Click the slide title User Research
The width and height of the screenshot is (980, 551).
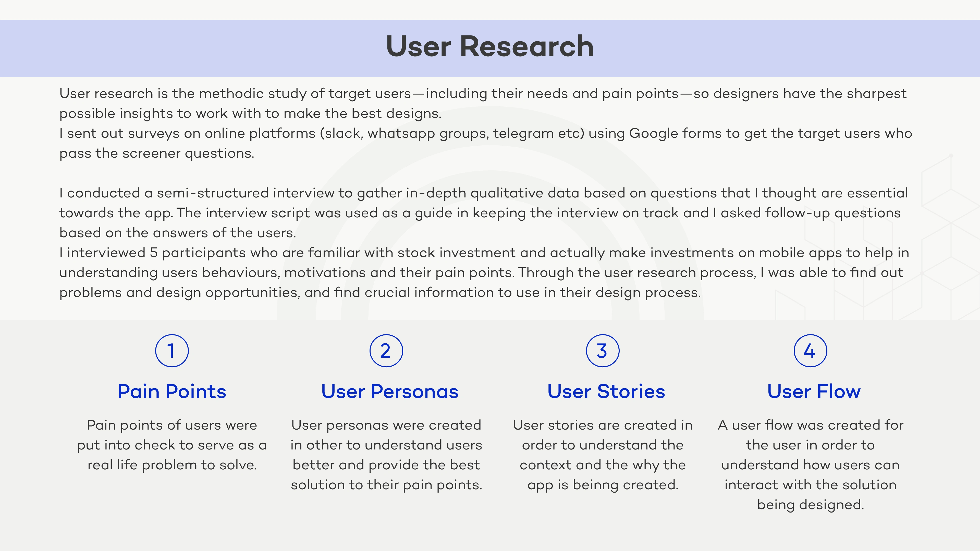tap(490, 46)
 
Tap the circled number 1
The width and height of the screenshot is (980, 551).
tap(172, 350)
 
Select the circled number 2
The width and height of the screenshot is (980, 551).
tap(386, 350)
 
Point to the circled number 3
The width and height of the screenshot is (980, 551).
tap(603, 350)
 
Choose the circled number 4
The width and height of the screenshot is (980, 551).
tap(810, 350)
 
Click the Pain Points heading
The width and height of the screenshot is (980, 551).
tap(172, 391)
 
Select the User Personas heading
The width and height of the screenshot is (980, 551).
tap(390, 391)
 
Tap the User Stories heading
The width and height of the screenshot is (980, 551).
tap(606, 391)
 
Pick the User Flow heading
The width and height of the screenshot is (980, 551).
tap(814, 391)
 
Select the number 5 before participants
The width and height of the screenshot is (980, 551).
tap(154, 253)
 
